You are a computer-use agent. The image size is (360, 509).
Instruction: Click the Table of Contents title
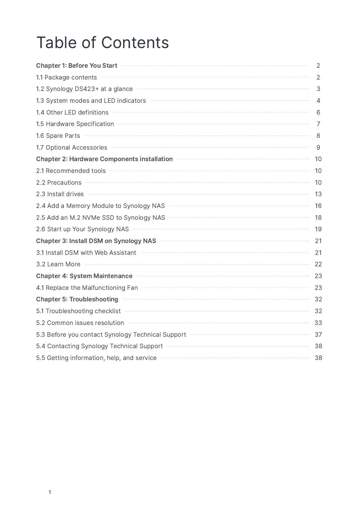pyautogui.click(x=102, y=43)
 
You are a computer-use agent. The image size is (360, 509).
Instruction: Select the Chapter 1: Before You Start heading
pyautogui.click(x=77, y=66)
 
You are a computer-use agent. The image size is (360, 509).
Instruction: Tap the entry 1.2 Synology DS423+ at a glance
pyautogui.click(x=84, y=89)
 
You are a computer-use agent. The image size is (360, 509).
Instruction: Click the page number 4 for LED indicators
pyautogui.click(x=318, y=101)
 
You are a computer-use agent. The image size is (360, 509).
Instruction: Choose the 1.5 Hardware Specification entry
pyautogui.click(x=75, y=124)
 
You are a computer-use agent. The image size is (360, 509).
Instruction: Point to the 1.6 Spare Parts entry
pyautogui.click(x=58, y=136)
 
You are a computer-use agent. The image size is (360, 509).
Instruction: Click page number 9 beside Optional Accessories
pyautogui.click(x=318, y=148)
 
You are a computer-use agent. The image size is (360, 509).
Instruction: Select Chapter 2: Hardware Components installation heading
pyautogui.click(x=104, y=159)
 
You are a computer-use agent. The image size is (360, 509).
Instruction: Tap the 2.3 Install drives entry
pyautogui.click(x=60, y=194)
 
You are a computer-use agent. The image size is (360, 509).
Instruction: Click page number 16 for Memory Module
pyautogui.click(x=318, y=206)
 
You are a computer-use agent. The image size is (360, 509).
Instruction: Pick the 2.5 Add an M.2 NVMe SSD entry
pyautogui.click(x=101, y=218)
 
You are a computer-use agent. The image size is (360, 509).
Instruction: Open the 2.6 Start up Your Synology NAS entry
pyautogui.click(x=83, y=229)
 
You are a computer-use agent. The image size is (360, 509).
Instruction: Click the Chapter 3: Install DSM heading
pyautogui.click(x=96, y=241)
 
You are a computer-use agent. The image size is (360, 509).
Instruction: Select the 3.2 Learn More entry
pyautogui.click(x=58, y=264)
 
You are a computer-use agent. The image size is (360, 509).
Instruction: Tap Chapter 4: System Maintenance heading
pyautogui.click(x=84, y=276)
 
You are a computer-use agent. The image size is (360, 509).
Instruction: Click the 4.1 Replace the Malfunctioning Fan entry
pyautogui.click(x=87, y=288)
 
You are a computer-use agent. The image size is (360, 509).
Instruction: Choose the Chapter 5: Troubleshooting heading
pyautogui.click(x=77, y=299)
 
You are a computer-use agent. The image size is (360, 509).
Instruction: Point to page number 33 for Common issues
pyautogui.click(x=318, y=323)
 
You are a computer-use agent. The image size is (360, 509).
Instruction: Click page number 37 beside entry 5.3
pyautogui.click(x=318, y=335)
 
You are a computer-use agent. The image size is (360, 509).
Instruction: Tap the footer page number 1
pyautogui.click(x=50, y=492)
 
